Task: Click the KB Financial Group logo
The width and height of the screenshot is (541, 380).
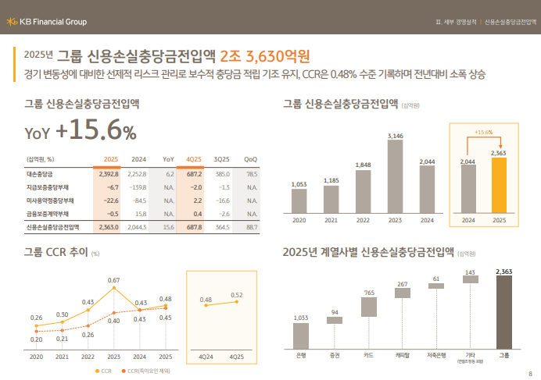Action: tap(48, 21)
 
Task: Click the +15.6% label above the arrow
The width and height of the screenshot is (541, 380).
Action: tap(484, 132)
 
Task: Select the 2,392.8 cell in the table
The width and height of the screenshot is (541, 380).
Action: tap(108, 174)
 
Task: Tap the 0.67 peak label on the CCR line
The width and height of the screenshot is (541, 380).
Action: tap(113, 280)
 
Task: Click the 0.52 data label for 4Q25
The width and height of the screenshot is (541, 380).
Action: tap(237, 294)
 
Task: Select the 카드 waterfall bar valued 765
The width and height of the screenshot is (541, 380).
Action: tap(368, 307)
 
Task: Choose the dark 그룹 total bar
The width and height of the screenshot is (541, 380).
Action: tap(504, 312)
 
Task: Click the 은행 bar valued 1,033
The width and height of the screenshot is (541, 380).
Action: tap(301, 336)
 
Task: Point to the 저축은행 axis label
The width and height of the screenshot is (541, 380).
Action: tap(436, 356)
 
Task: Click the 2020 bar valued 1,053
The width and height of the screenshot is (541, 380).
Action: tap(299, 201)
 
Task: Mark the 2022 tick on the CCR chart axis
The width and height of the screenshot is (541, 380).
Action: tap(88, 356)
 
